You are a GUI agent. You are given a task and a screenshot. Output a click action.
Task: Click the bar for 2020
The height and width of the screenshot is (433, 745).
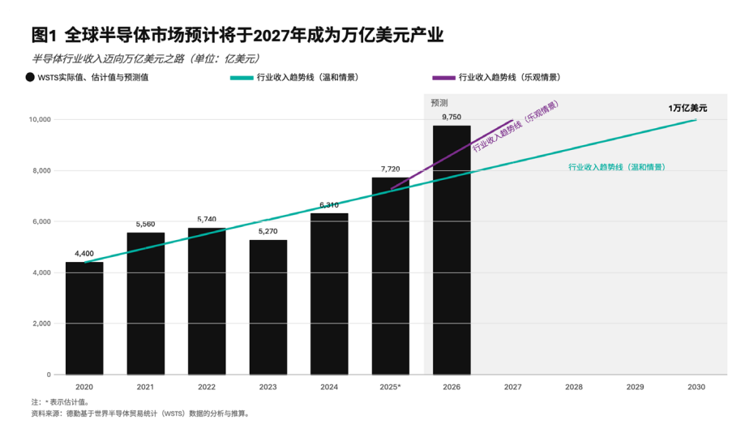coord(84,318)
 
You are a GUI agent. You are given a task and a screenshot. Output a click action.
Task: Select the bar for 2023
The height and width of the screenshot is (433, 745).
coord(268,307)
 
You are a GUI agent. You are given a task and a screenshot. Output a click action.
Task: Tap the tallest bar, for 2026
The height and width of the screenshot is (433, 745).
coord(452,250)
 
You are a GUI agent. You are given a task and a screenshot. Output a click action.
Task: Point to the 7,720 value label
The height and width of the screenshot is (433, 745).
coord(390,169)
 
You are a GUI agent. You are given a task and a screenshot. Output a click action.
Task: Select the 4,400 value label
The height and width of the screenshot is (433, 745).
coord(84,254)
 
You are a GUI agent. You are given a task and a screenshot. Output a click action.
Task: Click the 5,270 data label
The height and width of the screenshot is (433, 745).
coord(268,232)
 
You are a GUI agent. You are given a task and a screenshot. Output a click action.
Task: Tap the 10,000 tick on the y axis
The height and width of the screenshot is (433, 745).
coord(40,119)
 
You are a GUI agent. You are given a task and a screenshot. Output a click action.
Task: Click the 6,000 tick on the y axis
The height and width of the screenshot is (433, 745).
coord(41,221)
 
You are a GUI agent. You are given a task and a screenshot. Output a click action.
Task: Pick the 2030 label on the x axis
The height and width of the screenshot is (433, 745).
coord(696,387)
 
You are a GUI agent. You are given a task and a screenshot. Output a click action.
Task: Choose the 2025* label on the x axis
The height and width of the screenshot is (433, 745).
coord(390,387)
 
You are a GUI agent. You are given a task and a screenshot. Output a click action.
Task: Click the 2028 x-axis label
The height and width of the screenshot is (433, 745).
coord(573,387)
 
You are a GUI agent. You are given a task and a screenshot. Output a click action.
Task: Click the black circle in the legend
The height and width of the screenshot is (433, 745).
coord(30,78)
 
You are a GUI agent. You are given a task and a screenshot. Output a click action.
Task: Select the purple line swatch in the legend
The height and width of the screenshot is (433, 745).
coord(443,78)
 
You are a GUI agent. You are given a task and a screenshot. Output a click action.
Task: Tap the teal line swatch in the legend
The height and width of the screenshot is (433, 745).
coord(242,78)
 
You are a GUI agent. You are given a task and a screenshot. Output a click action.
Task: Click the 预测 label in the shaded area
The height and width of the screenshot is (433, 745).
coord(439,103)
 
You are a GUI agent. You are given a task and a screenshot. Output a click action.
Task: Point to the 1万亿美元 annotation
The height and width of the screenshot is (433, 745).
coord(687,108)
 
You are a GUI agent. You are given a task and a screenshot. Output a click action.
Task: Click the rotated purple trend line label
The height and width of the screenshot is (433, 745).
coord(516,127)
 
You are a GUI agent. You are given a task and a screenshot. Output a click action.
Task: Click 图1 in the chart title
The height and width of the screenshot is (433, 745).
coord(43,36)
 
